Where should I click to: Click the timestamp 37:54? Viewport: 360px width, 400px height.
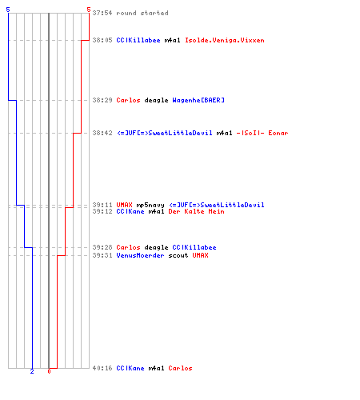pyautogui.click(x=102, y=13)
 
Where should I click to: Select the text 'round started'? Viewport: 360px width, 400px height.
pyautogui.click(x=142, y=13)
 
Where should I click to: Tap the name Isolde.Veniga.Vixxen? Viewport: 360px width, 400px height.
pyautogui.click(x=225, y=40)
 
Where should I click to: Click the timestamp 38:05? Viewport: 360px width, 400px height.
pyautogui.click(x=102, y=40)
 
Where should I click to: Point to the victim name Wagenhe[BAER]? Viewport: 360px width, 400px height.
pyautogui.click(x=198, y=100)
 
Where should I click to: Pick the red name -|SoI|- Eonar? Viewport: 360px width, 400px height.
pyautogui.click(x=262, y=133)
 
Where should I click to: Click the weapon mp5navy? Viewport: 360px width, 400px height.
pyautogui.click(x=150, y=205)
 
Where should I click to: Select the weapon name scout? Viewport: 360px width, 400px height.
pyautogui.click(x=178, y=255)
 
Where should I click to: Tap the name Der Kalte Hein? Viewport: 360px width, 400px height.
pyautogui.click(x=196, y=211)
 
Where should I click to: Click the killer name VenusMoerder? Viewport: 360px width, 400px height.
pyautogui.click(x=140, y=255)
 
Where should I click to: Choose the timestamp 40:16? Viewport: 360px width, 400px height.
pyautogui.click(x=102, y=368)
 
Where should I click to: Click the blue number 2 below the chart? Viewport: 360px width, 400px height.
pyautogui.click(x=32, y=371)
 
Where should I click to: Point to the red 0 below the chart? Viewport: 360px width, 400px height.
pyautogui.click(x=49, y=371)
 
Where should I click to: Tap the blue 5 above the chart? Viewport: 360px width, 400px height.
pyautogui.click(x=8, y=10)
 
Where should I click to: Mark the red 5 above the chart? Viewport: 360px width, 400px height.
pyautogui.click(x=89, y=10)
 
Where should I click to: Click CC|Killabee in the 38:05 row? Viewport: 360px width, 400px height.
pyautogui.click(x=138, y=40)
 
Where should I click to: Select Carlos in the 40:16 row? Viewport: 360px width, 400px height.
pyautogui.click(x=180, y=368)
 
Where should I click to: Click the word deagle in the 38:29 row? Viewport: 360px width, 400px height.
pyautogui.click(x=156, y=100)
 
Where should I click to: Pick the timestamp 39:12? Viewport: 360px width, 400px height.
pyautogui.click(x=102, y=211)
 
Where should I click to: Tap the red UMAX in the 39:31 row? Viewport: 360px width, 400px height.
pyautogui.click(x=200, y=255)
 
